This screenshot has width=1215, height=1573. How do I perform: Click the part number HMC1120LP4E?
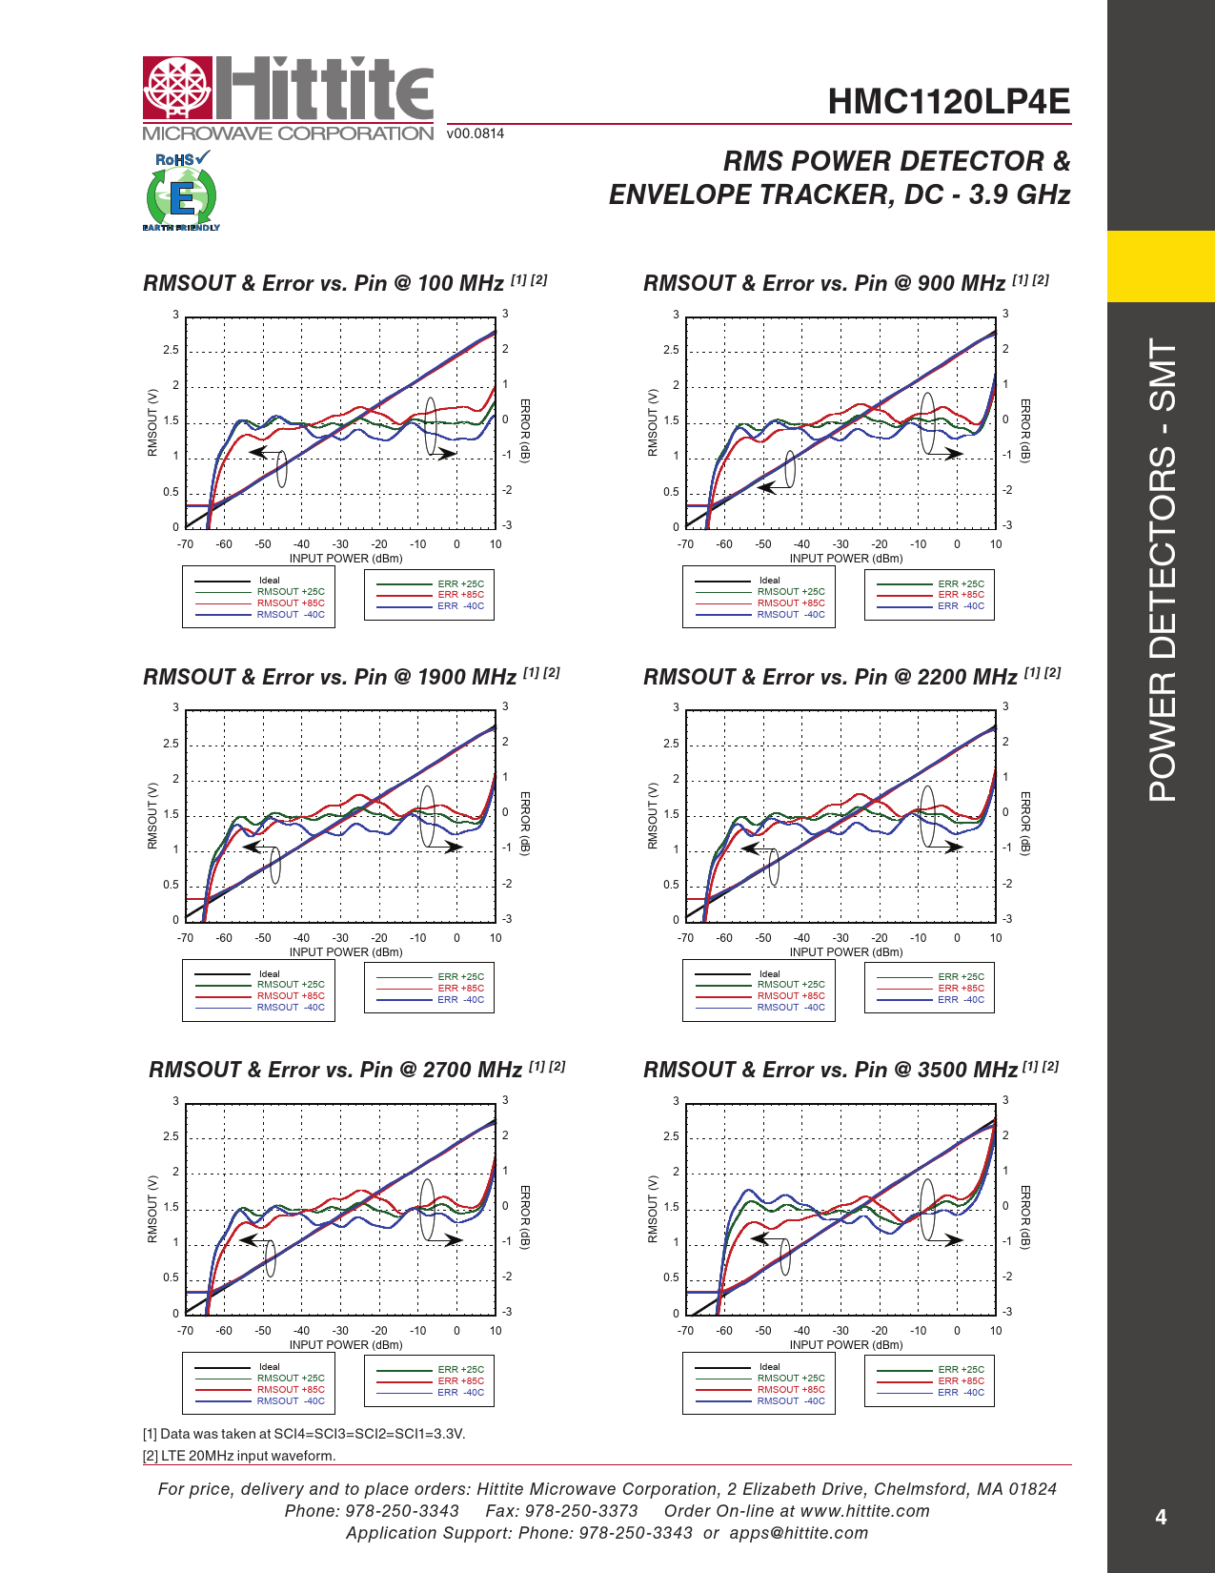pos(948,102)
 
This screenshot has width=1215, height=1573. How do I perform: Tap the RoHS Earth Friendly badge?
pos(181,192)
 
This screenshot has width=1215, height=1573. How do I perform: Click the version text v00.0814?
pos(476,133)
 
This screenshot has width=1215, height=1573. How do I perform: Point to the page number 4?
pos(1160,1517)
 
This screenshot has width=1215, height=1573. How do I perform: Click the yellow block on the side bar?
pos(1161,266)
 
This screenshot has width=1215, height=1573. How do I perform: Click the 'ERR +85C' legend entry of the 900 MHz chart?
pos(961,595)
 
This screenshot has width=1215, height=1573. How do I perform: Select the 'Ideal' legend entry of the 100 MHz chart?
pos(270,581)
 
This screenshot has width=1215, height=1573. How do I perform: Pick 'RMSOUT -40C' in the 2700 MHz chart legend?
pos(291,1400)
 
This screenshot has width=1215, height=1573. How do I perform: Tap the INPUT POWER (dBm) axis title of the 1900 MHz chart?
pos(346,951)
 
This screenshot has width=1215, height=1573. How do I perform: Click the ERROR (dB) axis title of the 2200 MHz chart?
pos(1025,824)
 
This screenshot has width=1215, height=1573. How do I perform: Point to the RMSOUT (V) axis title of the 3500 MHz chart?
pos(653,1209)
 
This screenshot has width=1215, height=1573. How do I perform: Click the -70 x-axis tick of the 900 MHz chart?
pos(685,544)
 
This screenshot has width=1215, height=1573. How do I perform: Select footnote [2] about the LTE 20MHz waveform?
pos(239,1456)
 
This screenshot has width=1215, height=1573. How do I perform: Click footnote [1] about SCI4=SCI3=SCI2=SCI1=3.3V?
pos(304,1434)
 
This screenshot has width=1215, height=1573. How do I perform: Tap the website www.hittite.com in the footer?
pos(864,1511)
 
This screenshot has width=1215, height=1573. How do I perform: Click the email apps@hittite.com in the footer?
pos(799,1533)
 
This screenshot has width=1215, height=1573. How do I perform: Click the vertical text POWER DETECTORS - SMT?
pos(1162,569)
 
